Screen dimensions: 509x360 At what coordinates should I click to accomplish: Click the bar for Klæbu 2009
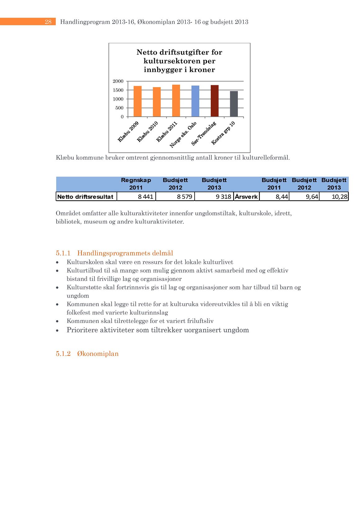point(137,101)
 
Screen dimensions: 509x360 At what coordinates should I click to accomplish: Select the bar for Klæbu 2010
point(157,102)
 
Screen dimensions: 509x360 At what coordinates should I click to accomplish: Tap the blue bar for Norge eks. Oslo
point(195,101)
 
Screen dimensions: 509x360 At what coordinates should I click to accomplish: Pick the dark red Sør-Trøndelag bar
point(215,101)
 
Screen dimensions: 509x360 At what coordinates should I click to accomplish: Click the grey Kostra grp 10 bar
point(234,104)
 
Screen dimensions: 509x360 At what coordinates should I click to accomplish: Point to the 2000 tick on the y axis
point(118,81)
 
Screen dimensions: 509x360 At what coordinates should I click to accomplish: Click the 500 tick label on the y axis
point(119,108)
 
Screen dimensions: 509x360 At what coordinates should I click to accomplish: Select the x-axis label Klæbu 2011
point(167,132)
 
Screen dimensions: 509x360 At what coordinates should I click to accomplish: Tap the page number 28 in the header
point(48,22)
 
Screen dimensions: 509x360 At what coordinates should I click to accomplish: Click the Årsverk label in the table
point(246,197)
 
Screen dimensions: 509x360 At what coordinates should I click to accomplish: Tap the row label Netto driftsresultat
point(85,197)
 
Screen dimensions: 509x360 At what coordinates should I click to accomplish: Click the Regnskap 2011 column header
point(136,184)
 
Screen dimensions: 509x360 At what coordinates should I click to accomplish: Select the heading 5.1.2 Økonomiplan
point(87,354)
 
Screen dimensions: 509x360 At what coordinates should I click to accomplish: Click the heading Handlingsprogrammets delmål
point(125,253)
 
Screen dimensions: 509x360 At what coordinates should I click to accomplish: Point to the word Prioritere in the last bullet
point(82,330)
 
